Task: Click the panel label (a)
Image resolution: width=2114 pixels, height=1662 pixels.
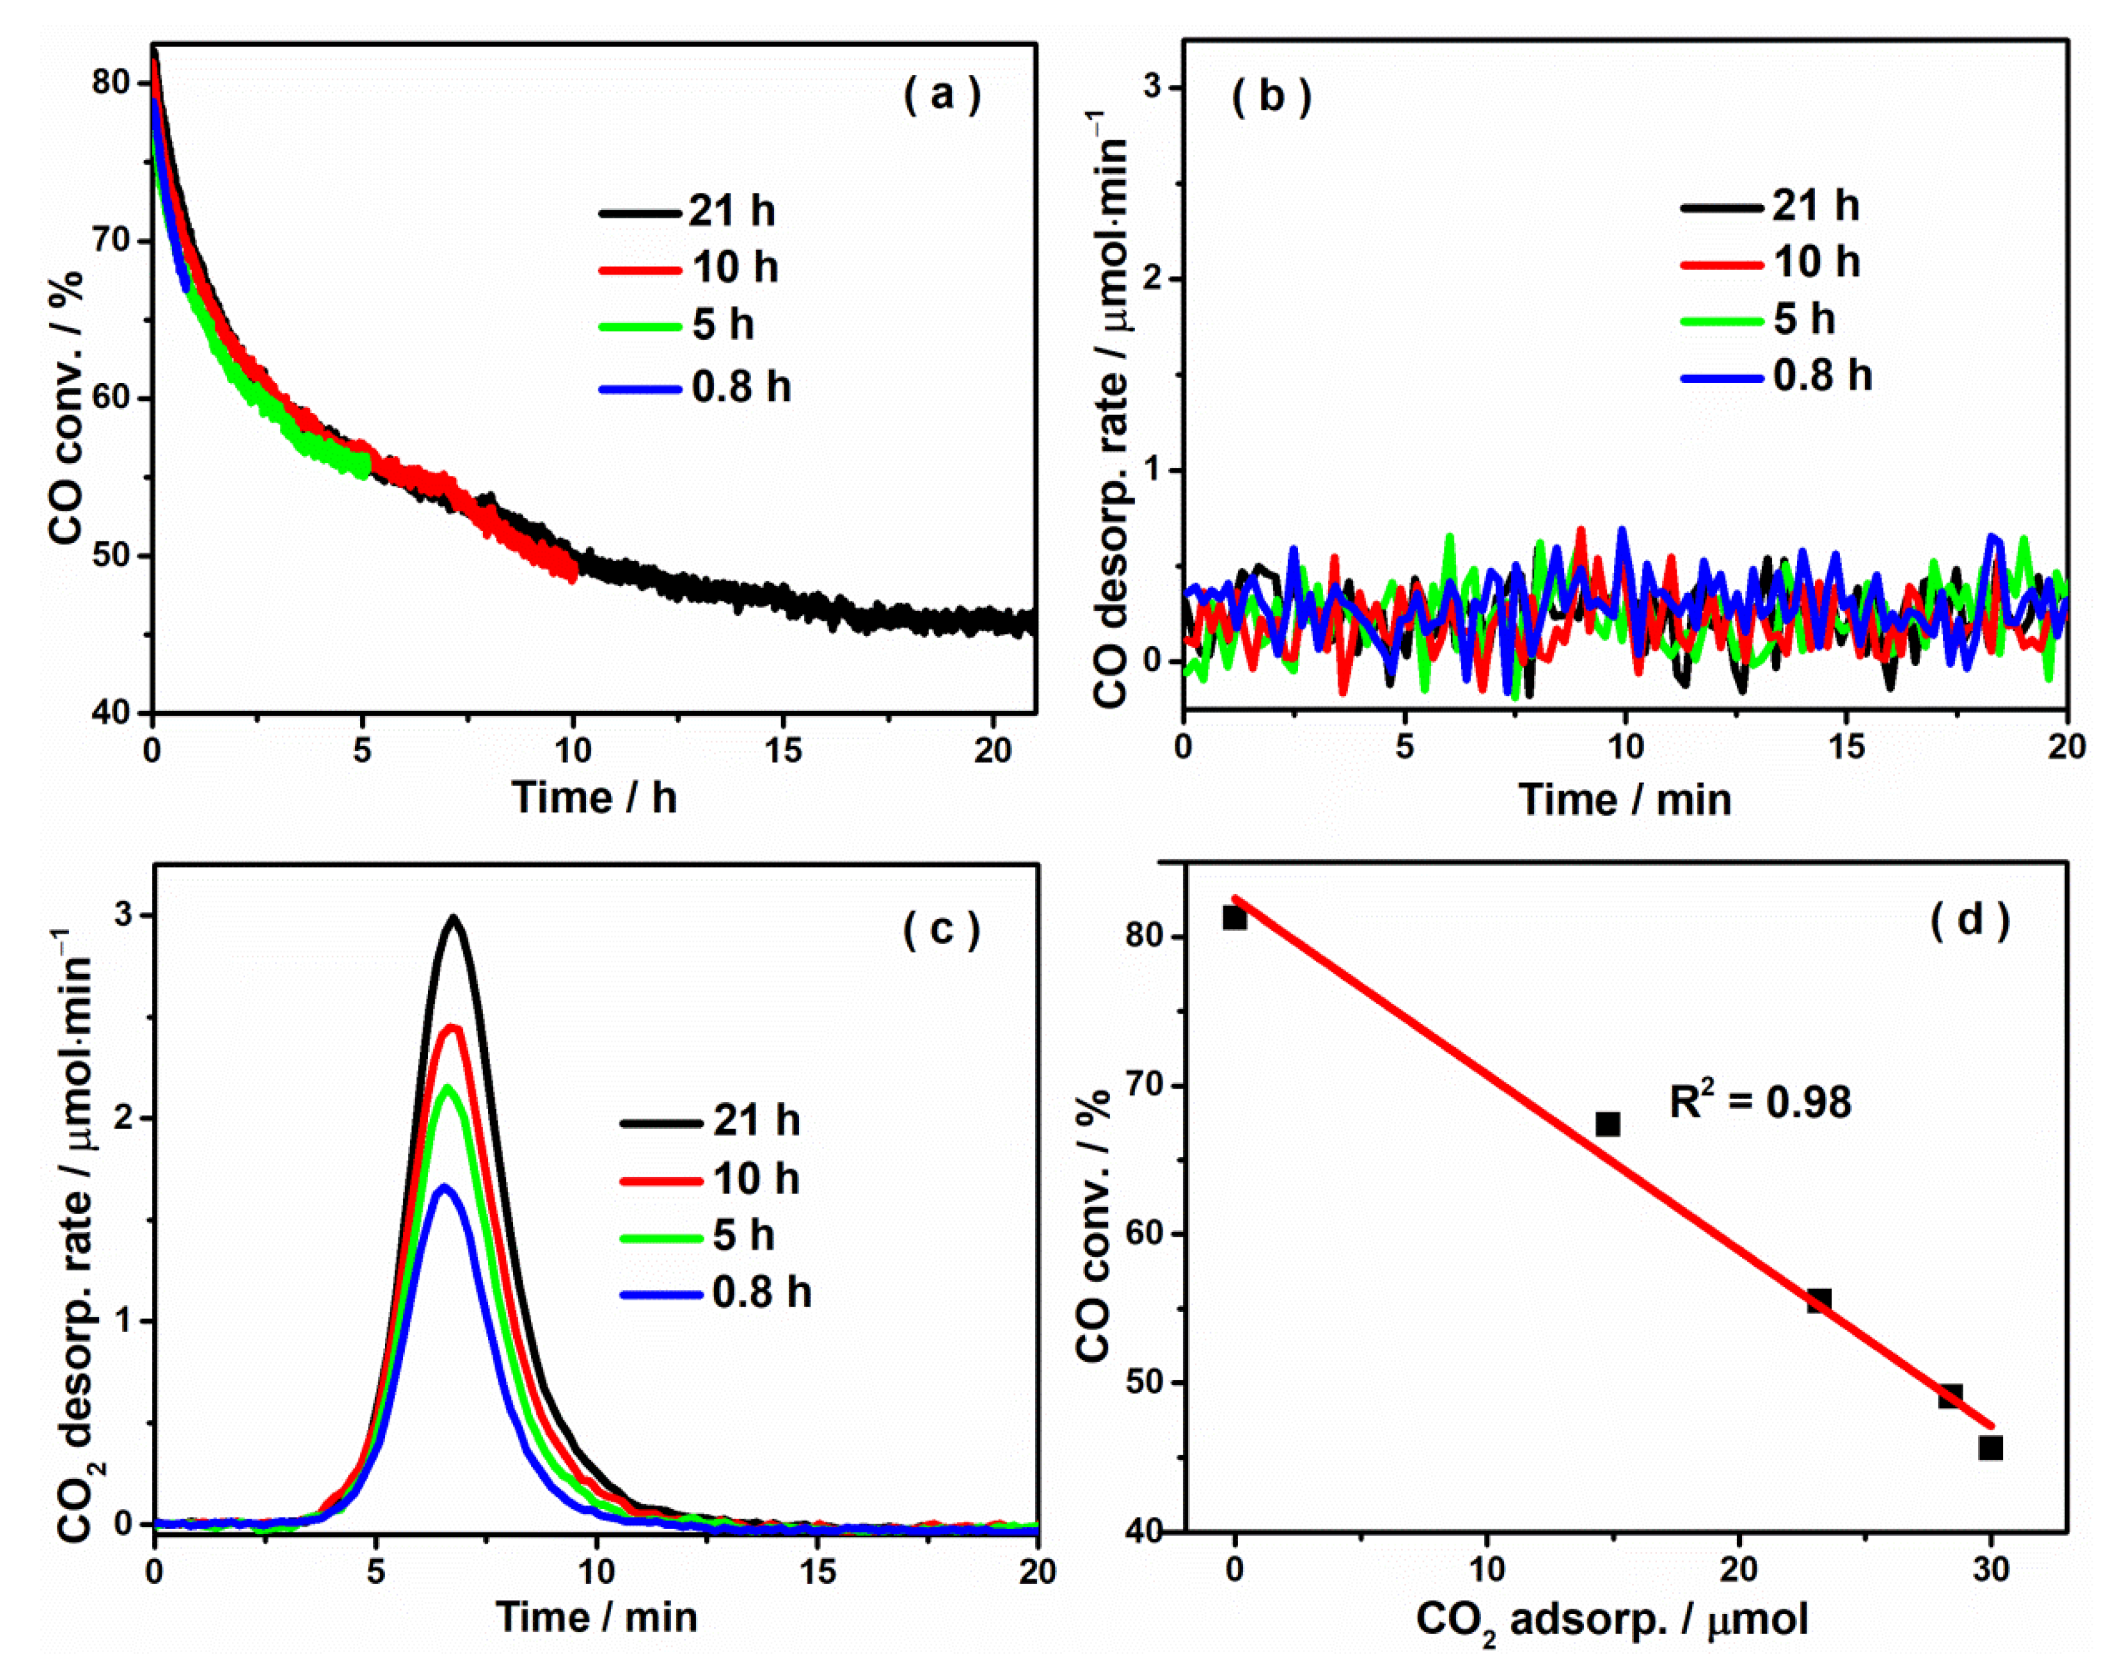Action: pos(942,95)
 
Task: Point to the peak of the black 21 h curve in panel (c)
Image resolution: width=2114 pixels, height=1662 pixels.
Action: pos(453,917)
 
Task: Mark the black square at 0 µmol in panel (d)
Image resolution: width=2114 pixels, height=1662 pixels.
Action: pos(1234,917)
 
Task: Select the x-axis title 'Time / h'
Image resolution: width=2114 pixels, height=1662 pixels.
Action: pos(595,798)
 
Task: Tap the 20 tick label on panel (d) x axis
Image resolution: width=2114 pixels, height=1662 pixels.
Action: pos(1738,1569)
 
